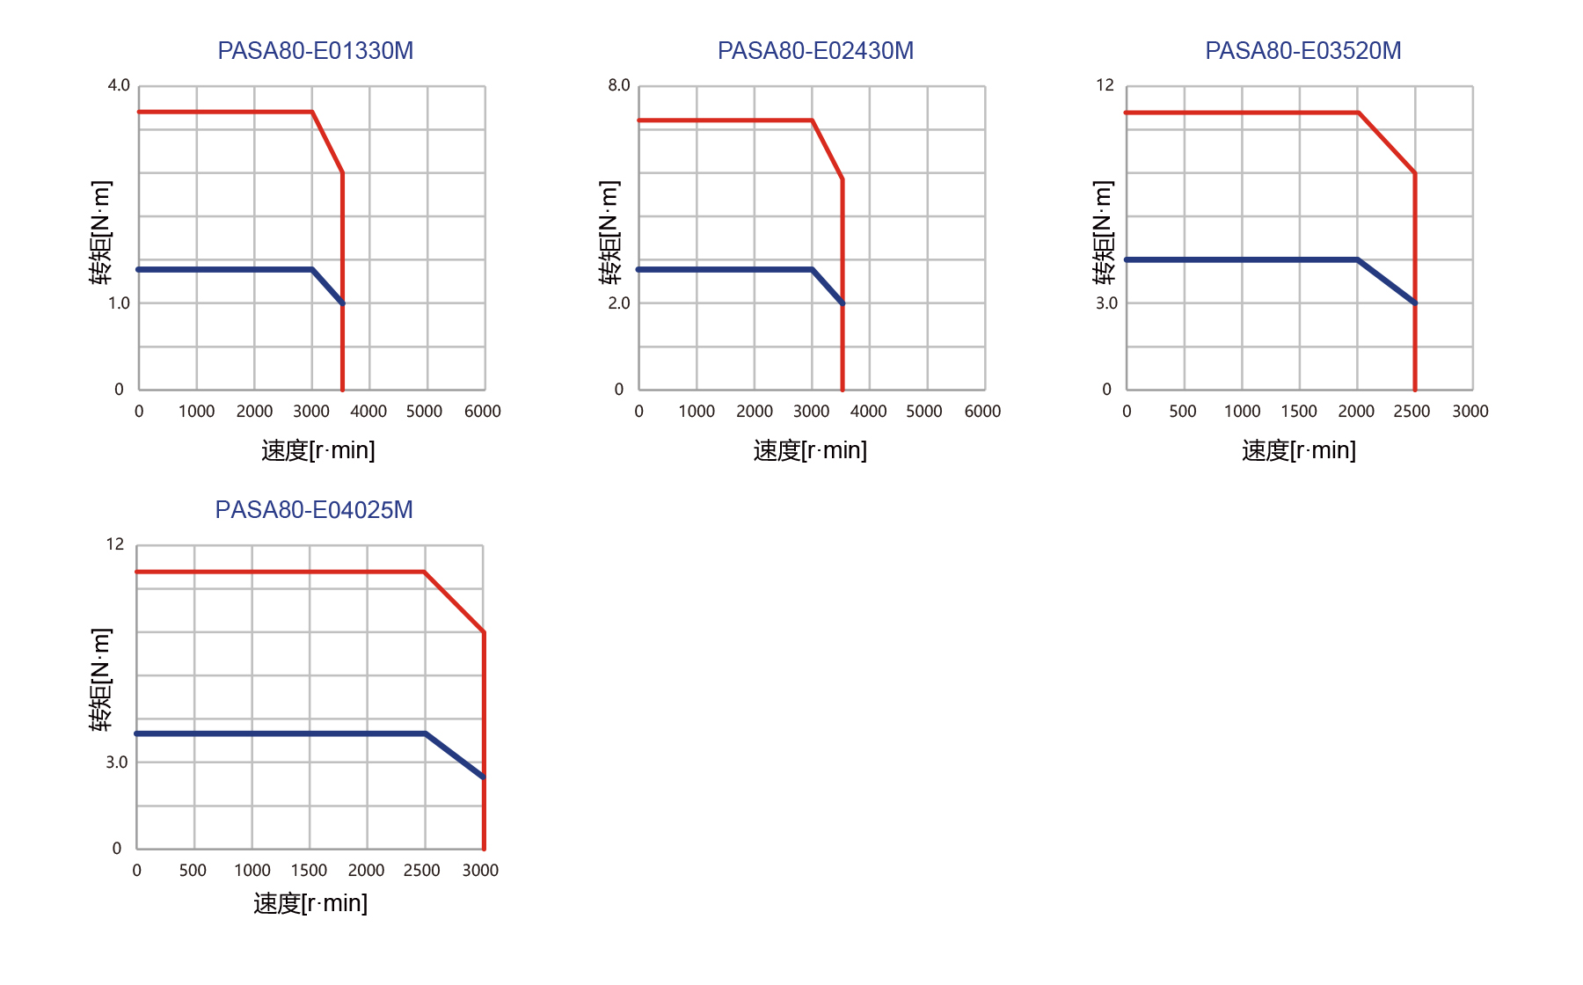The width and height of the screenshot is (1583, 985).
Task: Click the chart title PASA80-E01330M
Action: tap(315, 51)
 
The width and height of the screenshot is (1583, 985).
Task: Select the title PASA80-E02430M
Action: tap(815, 51)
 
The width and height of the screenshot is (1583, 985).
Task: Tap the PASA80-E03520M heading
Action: tap(1302, 51)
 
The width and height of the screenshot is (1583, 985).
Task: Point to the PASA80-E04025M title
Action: tap(314, 510)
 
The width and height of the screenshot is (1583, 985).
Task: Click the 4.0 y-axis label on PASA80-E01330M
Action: tap(119, 85)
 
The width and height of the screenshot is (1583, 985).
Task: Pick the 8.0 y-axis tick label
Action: tap(619, 85)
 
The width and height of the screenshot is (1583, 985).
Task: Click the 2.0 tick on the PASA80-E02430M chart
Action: tap(619, 303)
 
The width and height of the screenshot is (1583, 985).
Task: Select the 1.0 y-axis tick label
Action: tap(119, 303)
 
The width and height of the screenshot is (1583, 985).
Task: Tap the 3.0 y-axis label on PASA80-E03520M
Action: tap(1106, 303)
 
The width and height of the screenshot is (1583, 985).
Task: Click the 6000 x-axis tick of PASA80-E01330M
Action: tap(483, 412)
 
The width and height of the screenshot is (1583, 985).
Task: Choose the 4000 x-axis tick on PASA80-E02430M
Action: tap(868, 412)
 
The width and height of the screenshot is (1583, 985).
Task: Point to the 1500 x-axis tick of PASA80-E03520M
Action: tap(1299, 412)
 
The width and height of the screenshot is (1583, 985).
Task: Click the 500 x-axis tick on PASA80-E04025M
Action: tap(193, 871)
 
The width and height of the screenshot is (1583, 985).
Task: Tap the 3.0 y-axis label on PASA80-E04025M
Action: tap(117, 762)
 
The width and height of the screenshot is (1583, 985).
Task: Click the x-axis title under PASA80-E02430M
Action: tap(810, 450)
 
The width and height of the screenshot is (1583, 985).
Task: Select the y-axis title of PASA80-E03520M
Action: tap(1103, 233)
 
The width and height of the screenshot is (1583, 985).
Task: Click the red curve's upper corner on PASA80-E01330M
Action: tap(312, 112)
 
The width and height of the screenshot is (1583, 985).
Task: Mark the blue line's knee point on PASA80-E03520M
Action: tap(1358, 259)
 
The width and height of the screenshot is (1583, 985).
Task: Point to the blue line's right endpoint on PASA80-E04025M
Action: tap(484, 777)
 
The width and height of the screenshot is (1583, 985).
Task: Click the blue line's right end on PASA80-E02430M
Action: tap(843, 303)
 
